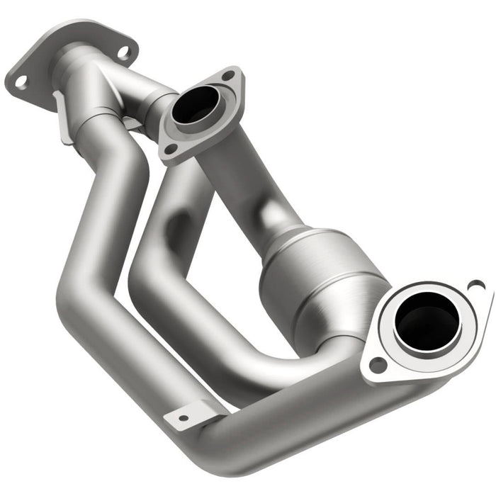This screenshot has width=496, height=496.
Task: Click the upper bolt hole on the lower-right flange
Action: coord(476,286)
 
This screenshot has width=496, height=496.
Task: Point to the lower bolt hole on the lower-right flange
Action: coord(378,365)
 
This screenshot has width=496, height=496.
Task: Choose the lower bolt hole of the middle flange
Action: coord(170,149)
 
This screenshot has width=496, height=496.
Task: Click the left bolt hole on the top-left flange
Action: coord(21,81)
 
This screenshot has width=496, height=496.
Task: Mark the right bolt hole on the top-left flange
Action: coord(124,51)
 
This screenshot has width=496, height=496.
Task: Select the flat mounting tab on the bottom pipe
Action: coord(191,415)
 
